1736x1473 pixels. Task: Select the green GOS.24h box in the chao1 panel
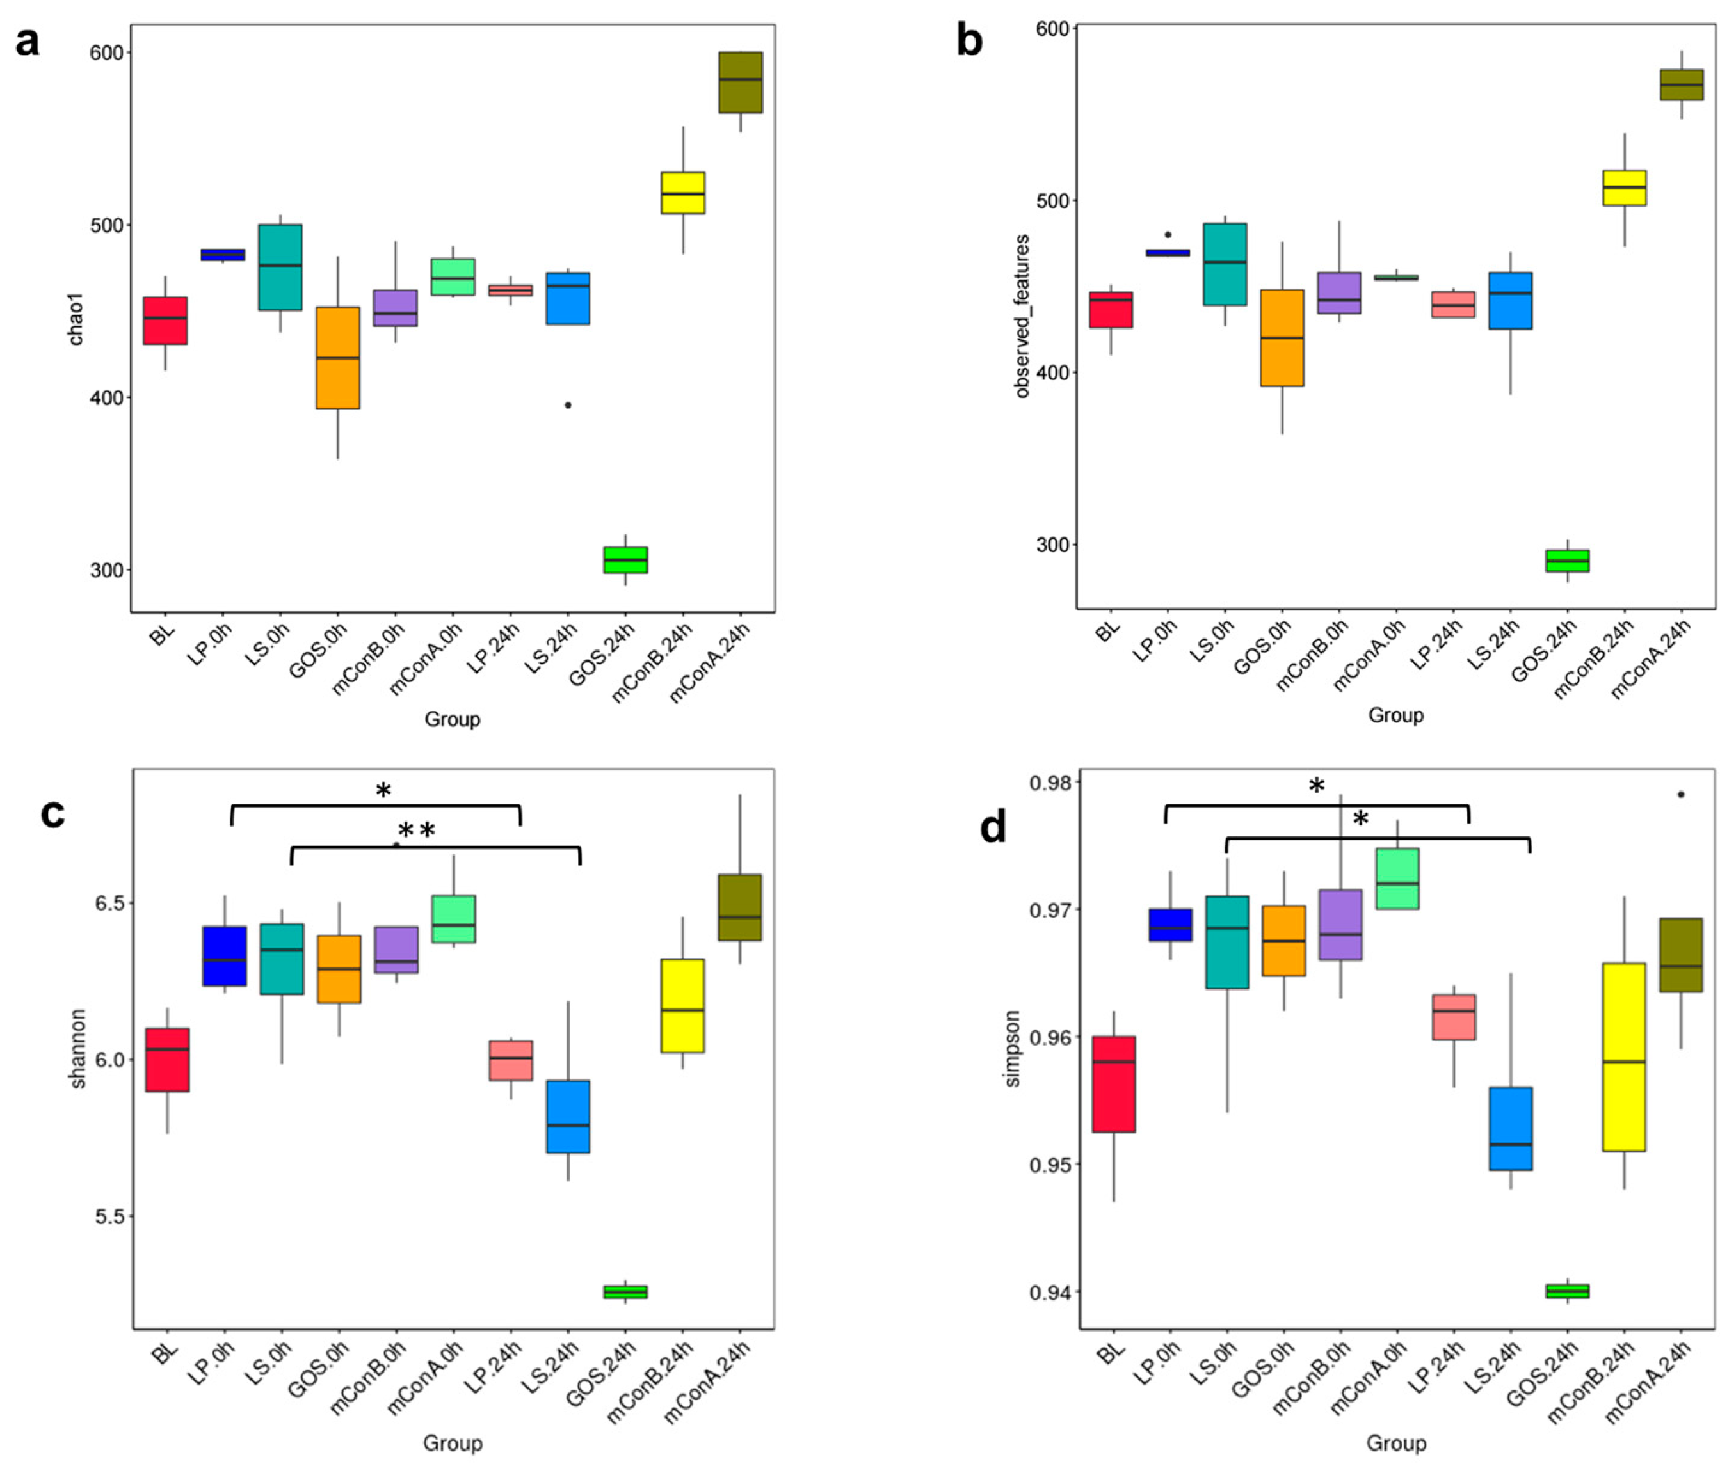click(626, 559)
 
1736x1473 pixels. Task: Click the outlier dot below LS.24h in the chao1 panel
click(568, 405)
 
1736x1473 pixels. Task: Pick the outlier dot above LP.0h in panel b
click(1168, 235)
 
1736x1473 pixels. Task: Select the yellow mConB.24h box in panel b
click(1624, 188)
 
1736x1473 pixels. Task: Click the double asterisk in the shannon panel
click(416, 830)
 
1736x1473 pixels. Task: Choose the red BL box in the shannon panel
click(167, 1059)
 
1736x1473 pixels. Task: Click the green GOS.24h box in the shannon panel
click(626, 1291)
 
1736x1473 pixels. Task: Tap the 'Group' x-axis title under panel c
click(452, 1443)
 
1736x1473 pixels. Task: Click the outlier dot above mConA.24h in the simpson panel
click(1681, 794)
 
